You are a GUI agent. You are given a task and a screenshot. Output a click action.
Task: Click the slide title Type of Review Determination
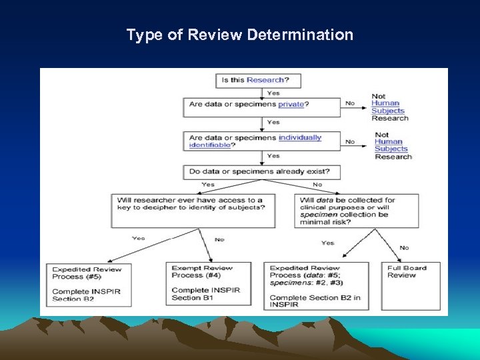tap(240, 35)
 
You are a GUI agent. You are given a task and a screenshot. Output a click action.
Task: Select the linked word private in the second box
tap(291, 104)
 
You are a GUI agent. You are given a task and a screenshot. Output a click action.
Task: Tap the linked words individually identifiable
tap(300, 138)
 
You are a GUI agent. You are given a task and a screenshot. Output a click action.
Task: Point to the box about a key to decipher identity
tap(193, 210)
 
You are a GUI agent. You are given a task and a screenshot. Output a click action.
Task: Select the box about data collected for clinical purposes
tap(356, 210)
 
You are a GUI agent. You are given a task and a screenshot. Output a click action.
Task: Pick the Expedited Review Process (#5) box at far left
tap(91, 283)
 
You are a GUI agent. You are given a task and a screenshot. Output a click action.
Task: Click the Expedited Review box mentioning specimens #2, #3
tap(317, 285)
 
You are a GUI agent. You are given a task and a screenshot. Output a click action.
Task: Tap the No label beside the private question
tap(350, 103)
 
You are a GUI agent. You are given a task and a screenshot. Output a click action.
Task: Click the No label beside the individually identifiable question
tap(350, 141)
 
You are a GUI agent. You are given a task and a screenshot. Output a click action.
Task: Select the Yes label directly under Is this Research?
tap(273, 93)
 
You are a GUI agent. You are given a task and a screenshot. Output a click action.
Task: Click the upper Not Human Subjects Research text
tap(389, 107)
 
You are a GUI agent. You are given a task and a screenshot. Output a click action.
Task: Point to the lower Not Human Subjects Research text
tap(392, 145)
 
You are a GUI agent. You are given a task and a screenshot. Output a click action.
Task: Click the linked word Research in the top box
tap(265, 80)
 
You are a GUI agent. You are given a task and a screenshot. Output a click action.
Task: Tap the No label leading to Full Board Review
tap(403, 247)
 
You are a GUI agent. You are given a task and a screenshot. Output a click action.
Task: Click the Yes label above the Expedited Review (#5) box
tap(138, 238)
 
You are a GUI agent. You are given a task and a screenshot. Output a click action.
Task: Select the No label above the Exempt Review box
tap(219, 239)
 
